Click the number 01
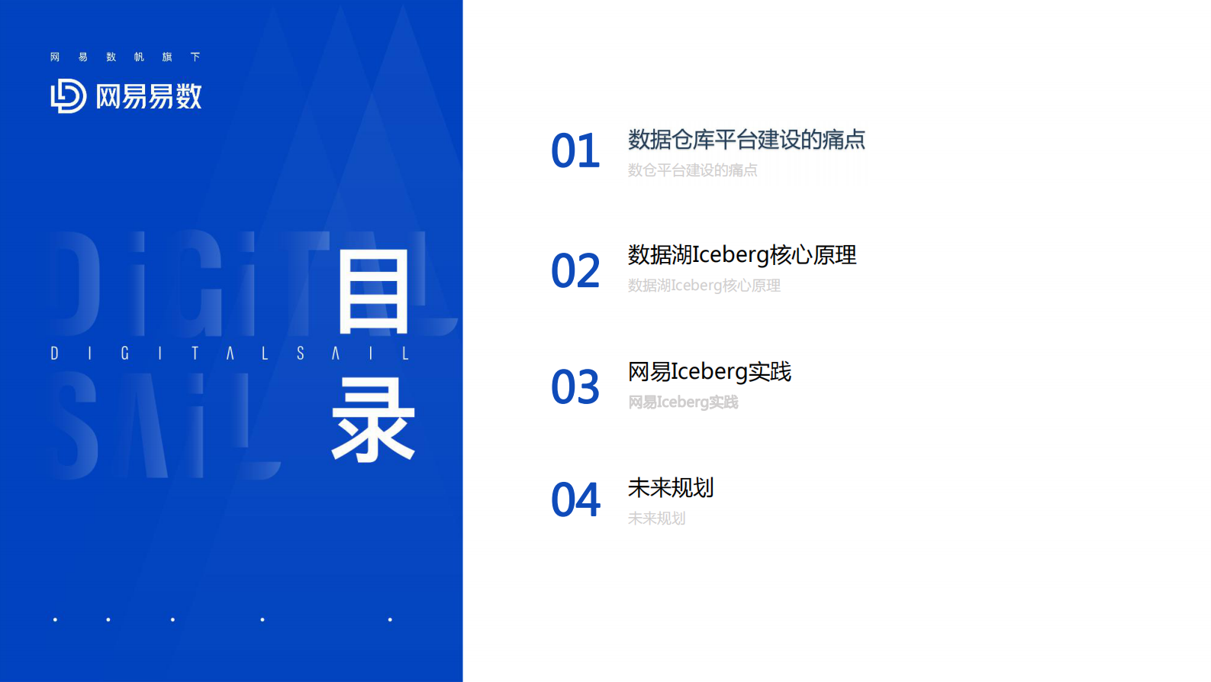coord(575,151)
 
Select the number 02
coord(575,271)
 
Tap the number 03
coord(575,387)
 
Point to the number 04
coord(575,500)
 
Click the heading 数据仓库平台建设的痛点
coord(746,140)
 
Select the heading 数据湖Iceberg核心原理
coord(742,255)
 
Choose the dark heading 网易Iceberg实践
coord(709,372)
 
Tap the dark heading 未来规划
coord(670,488)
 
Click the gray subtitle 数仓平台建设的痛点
coord(692,170)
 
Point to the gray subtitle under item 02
coord(704,286)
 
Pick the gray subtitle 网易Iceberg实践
coord(683,402)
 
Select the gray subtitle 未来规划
coord(656,519)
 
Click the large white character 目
coord(373,293)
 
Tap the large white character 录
coord(373,421)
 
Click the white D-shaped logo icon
coord(68,96)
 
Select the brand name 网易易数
coord(149,97)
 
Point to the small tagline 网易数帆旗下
coord(125,57)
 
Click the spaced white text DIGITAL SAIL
coord(230,354)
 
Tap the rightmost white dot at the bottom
coord(390,619)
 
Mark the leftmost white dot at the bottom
coord(55,619)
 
